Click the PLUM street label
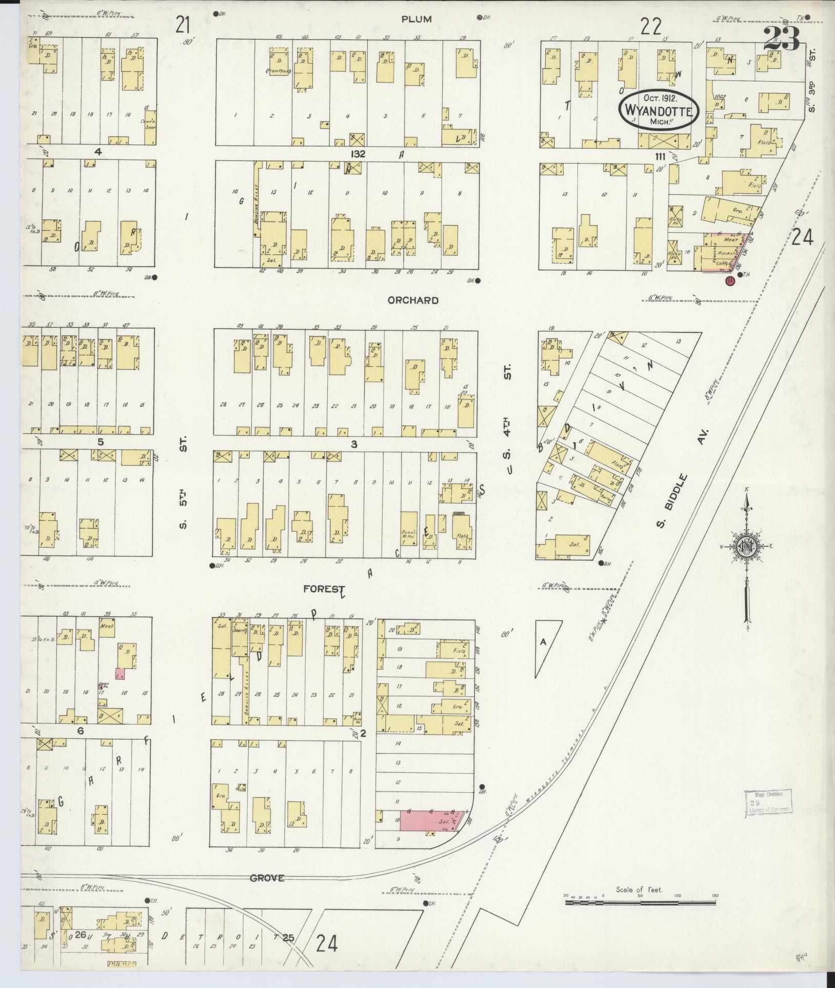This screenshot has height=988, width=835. pos(416,19)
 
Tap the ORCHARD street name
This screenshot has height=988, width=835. pos(413,300)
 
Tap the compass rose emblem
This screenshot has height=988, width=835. pos(747,548)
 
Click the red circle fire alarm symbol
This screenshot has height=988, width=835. pos(729,280)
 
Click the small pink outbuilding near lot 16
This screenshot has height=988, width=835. pos(120,674)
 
